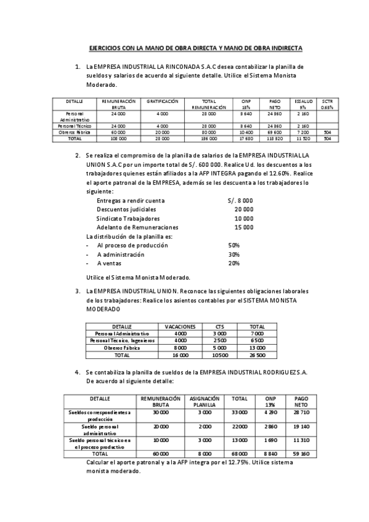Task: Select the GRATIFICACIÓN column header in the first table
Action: tap(162, 100)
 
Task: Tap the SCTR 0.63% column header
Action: tap(327, 103)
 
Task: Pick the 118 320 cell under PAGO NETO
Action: tap(274, 139)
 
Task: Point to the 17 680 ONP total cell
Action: tap(246, 139)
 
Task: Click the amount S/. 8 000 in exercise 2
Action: tap(240, 201)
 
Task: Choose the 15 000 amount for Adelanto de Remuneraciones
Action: tap(244, 227)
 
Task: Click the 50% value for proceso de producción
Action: tap(233, 245)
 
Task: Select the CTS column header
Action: tap(220, 326)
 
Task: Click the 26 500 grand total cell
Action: tap(257, 355)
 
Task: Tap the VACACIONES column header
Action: tap(180, 326)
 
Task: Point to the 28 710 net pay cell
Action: tap(302, 412)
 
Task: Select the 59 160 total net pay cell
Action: tap(302, 454)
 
